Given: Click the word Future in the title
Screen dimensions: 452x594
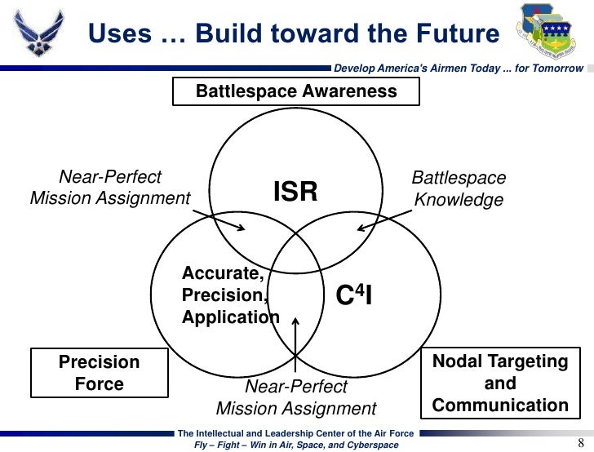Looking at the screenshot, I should (444, 33).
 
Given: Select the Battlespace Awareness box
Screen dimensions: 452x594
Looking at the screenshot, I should (296, 92).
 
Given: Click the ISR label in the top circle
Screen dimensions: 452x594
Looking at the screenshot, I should (295, 192).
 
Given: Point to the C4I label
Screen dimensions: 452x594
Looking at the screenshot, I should (355, 295).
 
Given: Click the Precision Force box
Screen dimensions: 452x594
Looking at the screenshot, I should (100, 373).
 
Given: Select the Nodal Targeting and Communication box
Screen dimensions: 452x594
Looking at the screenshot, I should (500, 383).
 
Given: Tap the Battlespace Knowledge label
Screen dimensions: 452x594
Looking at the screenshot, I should (459, 188).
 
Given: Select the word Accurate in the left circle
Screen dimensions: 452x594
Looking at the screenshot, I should (223, 273).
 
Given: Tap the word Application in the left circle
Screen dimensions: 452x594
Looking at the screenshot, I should (231, 317).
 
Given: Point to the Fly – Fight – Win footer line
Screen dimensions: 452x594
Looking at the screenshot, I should (296, 445).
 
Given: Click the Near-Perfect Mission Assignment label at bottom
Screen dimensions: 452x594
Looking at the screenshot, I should (296, 397).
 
